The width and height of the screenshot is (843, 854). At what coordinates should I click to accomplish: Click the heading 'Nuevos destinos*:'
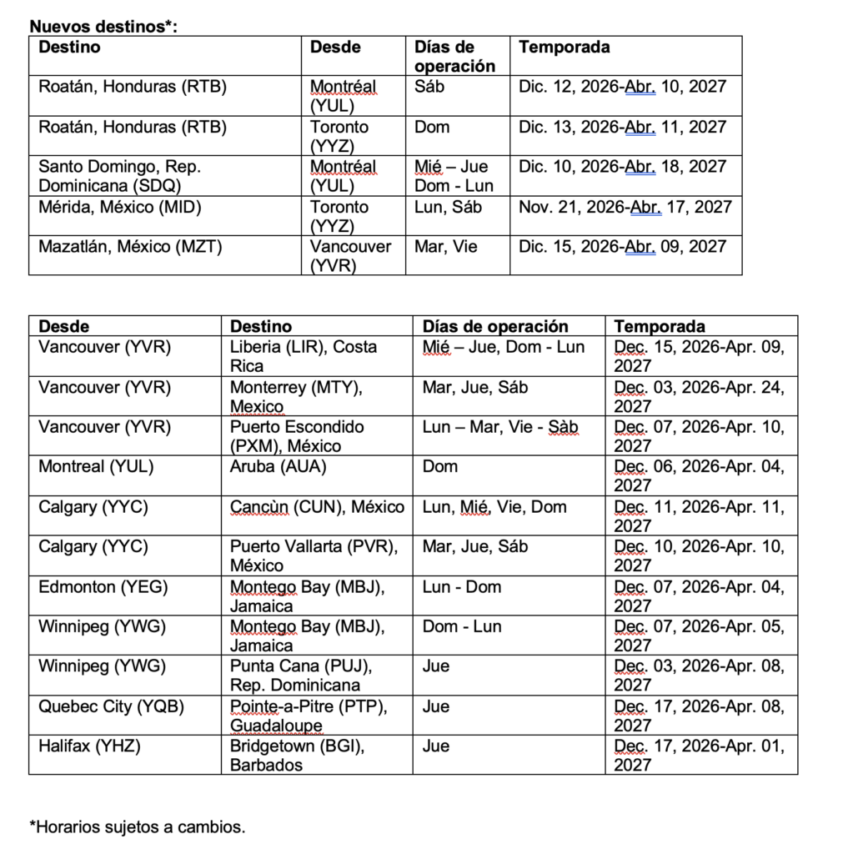[103, 27]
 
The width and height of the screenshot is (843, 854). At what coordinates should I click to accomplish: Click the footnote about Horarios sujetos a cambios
[138, 827]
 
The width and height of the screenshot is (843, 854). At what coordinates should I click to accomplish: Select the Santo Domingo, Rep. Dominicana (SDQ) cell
[119, 176]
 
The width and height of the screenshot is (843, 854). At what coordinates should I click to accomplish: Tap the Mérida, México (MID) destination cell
[120, 207]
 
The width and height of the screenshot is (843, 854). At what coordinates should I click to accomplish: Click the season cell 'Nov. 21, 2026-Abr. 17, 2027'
[625, 207]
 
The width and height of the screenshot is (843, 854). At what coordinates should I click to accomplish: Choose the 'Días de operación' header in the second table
[495, 326]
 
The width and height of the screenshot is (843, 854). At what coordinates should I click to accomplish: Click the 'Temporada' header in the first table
[564, 47]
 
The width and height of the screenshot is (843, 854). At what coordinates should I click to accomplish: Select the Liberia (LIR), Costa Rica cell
[304, 356]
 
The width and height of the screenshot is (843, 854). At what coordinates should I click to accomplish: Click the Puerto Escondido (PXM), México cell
[297, 436]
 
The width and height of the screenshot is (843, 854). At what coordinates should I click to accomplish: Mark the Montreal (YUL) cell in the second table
[96, 467]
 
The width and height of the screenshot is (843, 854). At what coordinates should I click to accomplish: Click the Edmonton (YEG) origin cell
[103, 587]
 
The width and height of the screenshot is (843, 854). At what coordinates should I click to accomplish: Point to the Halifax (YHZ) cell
[89, 746]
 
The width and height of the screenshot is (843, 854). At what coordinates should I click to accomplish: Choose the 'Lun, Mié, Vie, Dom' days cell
[494, 507]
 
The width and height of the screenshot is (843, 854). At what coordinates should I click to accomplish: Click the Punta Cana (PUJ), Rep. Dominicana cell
[295, 676]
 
